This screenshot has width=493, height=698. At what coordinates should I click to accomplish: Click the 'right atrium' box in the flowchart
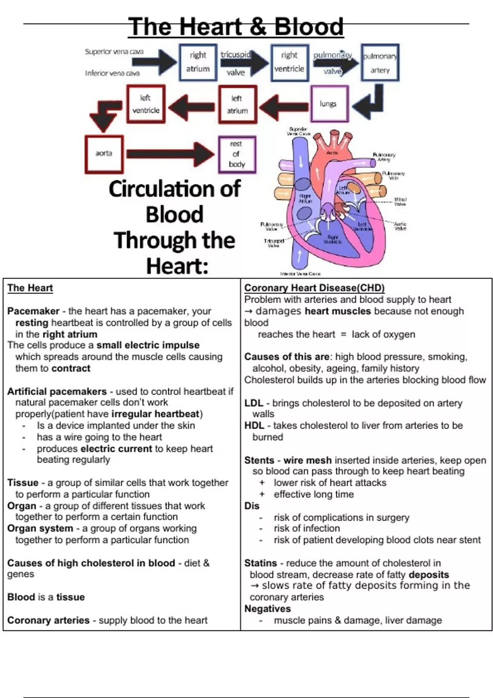click(x=198, y=62)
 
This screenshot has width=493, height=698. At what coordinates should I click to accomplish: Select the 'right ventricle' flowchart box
click(x=289, y=62)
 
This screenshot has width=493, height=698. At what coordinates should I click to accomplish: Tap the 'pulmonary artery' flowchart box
click(x=380, y=63)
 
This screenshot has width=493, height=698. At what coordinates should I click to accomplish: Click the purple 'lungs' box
click(x=329, y=104)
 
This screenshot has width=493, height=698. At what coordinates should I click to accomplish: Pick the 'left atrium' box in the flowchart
click(x=237, y=104)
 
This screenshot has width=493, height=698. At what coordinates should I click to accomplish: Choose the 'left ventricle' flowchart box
click(x=146, y=104)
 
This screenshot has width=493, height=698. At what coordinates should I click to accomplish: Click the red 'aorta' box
click(x=104, y=154)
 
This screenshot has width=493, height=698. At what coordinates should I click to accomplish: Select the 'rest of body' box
click(x=237, y=154)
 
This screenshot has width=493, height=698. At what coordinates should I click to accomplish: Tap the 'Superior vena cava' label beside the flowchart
click(x=114, y=52)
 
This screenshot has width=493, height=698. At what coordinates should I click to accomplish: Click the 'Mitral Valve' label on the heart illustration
click(x=400, y=202)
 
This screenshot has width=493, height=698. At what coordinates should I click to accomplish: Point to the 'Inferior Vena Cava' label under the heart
click(x=300, y=273)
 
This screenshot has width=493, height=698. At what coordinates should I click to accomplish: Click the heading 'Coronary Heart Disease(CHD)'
click(x=314, y=288)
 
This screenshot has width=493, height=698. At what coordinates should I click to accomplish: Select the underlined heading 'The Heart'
click(x=30, y=288)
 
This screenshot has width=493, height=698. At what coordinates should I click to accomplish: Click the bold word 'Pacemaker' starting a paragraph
click(x=33, y=311)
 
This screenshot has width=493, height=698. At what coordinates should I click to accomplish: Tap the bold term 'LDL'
click(x=253, y=403)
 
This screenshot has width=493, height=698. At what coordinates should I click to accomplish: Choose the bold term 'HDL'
click(x=254, y=426)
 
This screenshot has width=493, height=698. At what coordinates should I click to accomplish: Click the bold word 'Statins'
click(x=260, y=563)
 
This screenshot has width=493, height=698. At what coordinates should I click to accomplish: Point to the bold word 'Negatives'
click(x=267, y=608)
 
